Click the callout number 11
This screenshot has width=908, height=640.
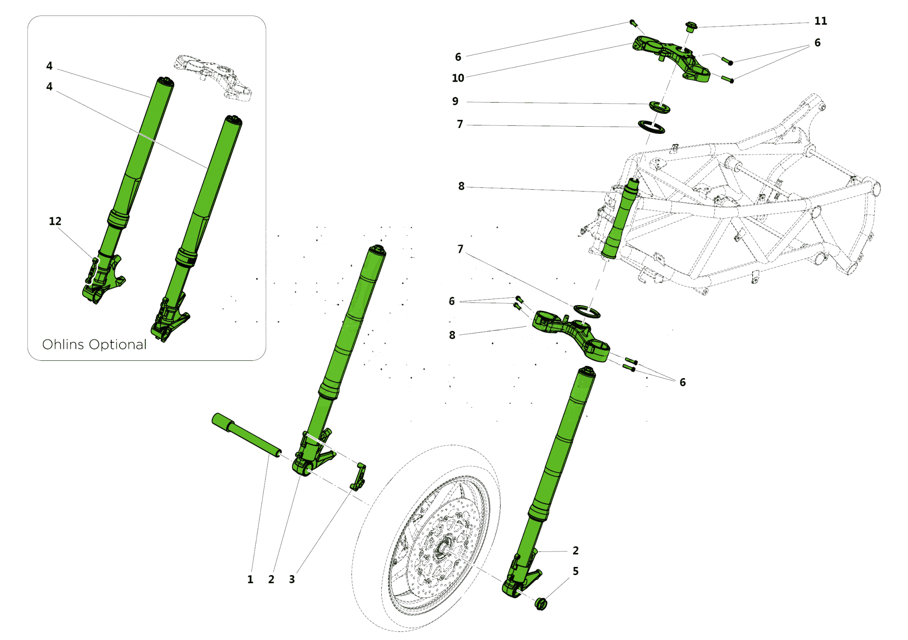pos(820,21)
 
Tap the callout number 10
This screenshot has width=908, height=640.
pos(458,78)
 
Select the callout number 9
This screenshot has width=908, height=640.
pos(455,101)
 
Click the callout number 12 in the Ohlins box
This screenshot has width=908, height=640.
pos(55,221)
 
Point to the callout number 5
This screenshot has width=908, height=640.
pos(575,571)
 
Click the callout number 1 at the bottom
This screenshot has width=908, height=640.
pos(250,579)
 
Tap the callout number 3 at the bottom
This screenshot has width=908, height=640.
pos(292,579)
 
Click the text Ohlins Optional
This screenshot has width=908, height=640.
pos(94,345)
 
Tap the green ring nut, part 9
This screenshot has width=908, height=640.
pos(659,108)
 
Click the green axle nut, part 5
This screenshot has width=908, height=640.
pos(541,604)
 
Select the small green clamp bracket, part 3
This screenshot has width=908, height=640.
pos(359,477)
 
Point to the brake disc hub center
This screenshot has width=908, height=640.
pos(441,550)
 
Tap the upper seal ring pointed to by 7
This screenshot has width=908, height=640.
pos(651,127)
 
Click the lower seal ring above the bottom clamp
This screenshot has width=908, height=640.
pos(587,312)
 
